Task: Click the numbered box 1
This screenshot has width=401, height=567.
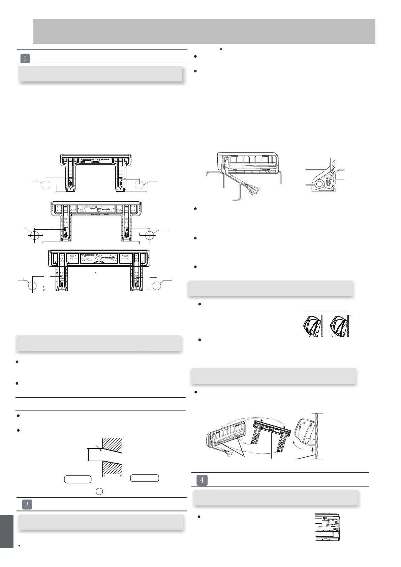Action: [x=25, y=58]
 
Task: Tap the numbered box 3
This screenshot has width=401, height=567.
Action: [x=27, y=504]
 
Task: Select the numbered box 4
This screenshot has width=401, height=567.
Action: [x=202, y=480]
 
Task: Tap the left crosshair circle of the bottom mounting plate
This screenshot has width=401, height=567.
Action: [x=32, y=286]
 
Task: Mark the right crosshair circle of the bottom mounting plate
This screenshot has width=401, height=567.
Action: [x=156, y=286]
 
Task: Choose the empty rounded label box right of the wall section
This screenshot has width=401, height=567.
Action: [x=145, y=478]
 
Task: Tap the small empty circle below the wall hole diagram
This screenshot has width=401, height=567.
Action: [x=99, y=492]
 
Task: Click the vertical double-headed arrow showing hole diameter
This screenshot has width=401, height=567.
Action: [x=88, y=454]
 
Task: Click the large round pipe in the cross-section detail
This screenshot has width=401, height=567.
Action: [x=318, y=184]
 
